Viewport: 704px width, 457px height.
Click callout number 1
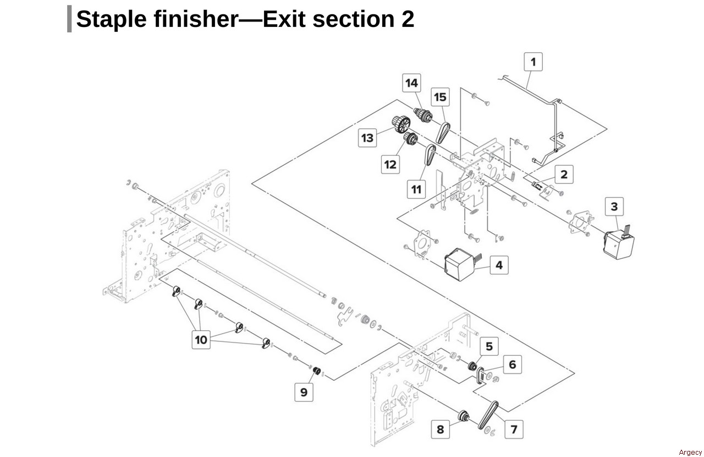tap(532, 61)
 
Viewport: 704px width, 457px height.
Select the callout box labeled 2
tap(564, 175)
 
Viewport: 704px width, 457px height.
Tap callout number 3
tap(614, 207)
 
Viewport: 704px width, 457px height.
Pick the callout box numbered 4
tap(499, 265)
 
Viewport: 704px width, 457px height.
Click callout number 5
tap(488, 347)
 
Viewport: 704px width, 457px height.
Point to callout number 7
tap(514, 428)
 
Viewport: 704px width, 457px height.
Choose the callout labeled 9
tap(304, 392)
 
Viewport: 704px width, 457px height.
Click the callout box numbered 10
tap(201, 340)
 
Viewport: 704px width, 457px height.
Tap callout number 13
tap(367, 138)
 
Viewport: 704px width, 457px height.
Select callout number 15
tap(440, 97)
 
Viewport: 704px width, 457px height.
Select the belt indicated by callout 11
tap(430, 156)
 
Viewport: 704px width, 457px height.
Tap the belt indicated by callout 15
tap(443, 131)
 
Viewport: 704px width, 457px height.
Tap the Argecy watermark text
tap(690, 453)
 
